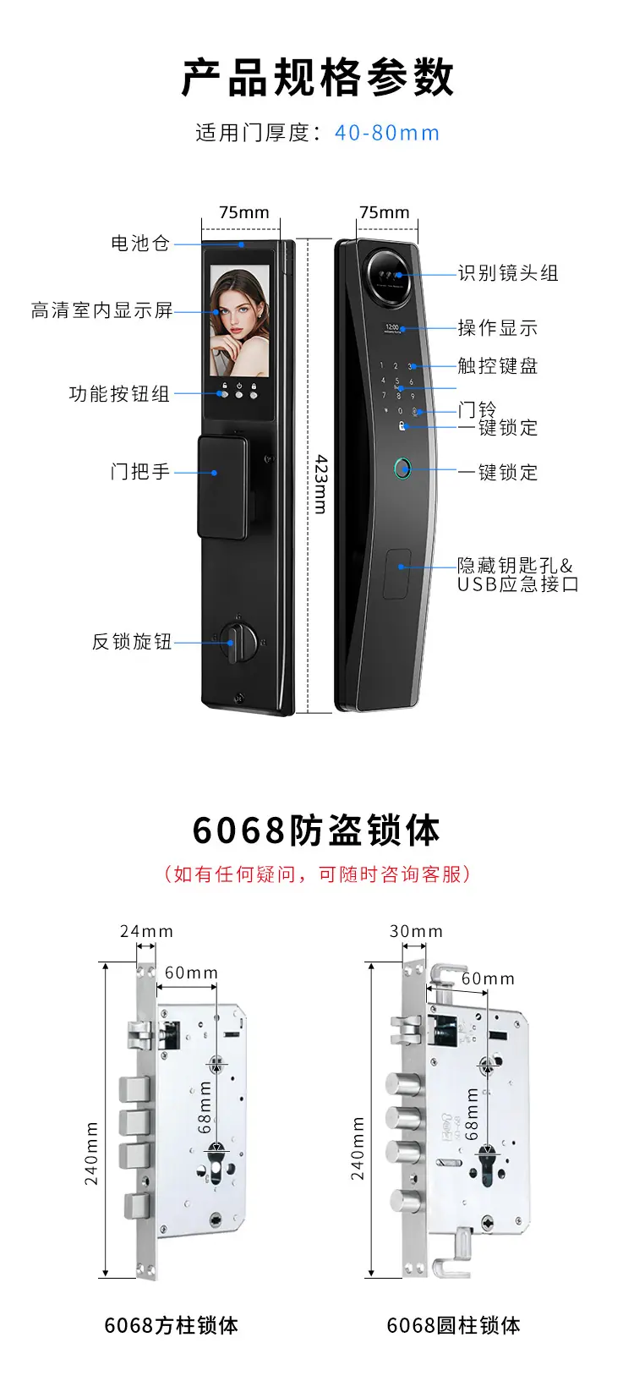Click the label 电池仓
point(139,243)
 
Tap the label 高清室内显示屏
point(101,310)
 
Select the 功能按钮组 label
point(119,394)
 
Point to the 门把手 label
point(139,472)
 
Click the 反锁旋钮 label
point(132,641)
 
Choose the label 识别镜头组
point(508,273)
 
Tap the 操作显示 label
point(497,327)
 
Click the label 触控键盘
point(497,365)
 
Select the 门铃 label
point(477,409)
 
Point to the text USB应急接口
point(518,584)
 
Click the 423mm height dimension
point(320,484)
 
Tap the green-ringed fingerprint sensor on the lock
point(402,469)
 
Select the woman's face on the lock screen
point(238,310)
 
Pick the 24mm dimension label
point(146,931)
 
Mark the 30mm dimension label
point(416,931)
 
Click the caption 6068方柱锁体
point(172,1325)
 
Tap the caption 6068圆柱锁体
point(453,1325)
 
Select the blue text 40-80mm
point(387,133)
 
